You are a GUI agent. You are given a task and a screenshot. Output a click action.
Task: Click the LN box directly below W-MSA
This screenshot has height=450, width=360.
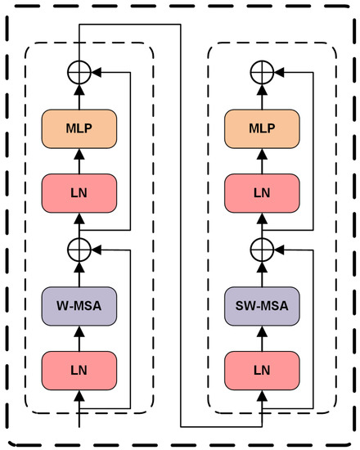(79, 369)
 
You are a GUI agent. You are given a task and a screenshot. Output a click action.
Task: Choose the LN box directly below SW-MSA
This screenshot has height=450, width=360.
(262, 369)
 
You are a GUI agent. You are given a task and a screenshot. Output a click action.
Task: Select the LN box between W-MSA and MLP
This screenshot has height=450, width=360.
(79, 192)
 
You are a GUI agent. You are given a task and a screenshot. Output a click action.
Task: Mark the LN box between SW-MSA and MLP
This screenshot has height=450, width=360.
(262, 192)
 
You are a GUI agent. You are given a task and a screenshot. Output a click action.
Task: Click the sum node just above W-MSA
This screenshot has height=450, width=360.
(79, 246)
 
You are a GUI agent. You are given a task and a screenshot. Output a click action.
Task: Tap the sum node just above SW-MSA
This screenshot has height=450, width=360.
(262, 246)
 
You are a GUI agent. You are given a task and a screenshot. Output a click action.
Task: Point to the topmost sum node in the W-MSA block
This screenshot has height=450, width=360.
(79, 72)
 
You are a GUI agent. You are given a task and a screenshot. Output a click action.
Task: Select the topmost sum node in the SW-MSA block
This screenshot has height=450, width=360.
(262, 72)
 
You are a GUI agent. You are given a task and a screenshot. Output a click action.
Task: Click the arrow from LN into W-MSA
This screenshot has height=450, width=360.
(79, 336)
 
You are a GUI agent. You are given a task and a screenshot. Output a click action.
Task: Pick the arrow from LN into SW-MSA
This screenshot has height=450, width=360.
(262, 336)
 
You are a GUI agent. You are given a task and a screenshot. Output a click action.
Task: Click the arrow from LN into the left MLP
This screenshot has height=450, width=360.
(79, 161)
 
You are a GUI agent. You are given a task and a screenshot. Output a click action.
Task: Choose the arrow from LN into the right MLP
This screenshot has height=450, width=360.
(262, 161)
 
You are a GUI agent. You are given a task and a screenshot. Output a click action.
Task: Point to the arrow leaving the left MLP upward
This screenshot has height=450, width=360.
(79, 97)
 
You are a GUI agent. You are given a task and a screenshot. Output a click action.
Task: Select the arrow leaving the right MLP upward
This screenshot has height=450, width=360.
(262, 97)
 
